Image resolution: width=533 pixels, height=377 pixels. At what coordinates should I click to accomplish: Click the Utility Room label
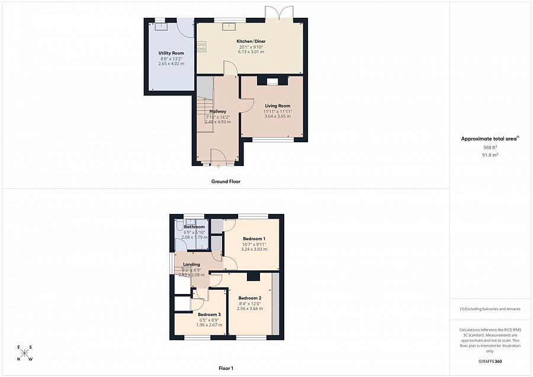tap(171, 53)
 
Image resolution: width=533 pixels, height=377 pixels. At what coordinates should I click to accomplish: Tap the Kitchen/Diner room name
tap(252, 41)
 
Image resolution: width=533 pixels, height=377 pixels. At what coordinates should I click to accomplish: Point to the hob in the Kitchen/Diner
tap(202, 46)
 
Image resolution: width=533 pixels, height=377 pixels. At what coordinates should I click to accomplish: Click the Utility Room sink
tap(160, 26)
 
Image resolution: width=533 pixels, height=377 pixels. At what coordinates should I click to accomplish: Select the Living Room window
tap(273, 140)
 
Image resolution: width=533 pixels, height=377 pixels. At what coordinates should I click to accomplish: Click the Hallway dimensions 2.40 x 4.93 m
tap(217, 122)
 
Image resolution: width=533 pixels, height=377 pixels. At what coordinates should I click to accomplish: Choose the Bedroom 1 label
tap(253, 238)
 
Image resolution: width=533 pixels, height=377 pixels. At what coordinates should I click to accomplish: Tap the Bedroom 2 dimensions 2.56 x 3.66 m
tap(249, 309)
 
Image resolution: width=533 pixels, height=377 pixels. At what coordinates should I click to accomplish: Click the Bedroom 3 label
tap(209, 314)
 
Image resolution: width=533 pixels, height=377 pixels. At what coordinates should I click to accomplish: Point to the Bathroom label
tap(194, 227)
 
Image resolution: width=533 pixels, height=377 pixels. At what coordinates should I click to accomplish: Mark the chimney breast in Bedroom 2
tap(253, 276)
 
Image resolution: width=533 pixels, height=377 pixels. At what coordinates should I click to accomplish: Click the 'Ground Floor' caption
tap(226, 181)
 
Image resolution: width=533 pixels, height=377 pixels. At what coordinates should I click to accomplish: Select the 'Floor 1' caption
tap(226, 369)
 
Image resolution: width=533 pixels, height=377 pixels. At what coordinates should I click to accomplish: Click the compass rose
tap(25, 354)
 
